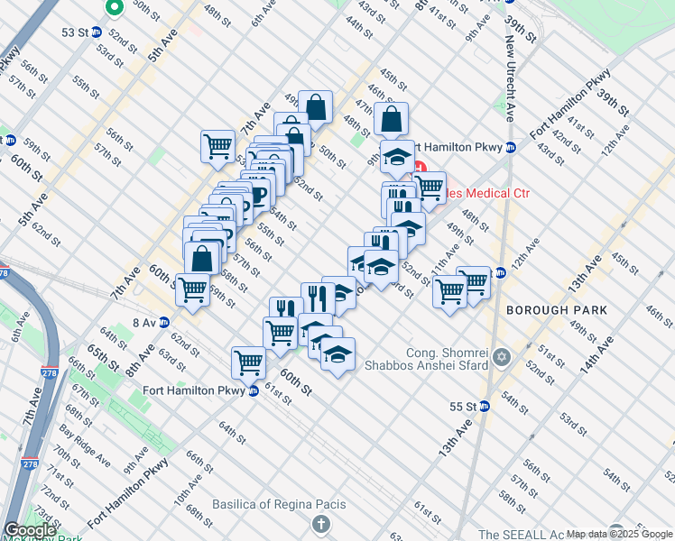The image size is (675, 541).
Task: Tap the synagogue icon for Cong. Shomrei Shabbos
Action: [x=501, y=358]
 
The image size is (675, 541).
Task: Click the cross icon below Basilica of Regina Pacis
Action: [x=320, y=524]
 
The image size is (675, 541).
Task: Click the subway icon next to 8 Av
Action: [x=164, y=322]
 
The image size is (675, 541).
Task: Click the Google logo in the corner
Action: [x=29, y=530]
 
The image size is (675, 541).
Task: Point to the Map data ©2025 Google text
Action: [x=618, y=534]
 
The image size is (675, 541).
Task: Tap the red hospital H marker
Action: [x=419, y=168]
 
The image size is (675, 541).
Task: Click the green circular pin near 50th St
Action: [x=115, y=9]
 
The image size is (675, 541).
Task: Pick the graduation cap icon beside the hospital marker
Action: [x=396, y=157]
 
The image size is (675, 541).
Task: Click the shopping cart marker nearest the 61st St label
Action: [x=248, y=362]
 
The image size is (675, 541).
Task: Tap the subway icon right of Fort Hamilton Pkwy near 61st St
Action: [x=254, y=390]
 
